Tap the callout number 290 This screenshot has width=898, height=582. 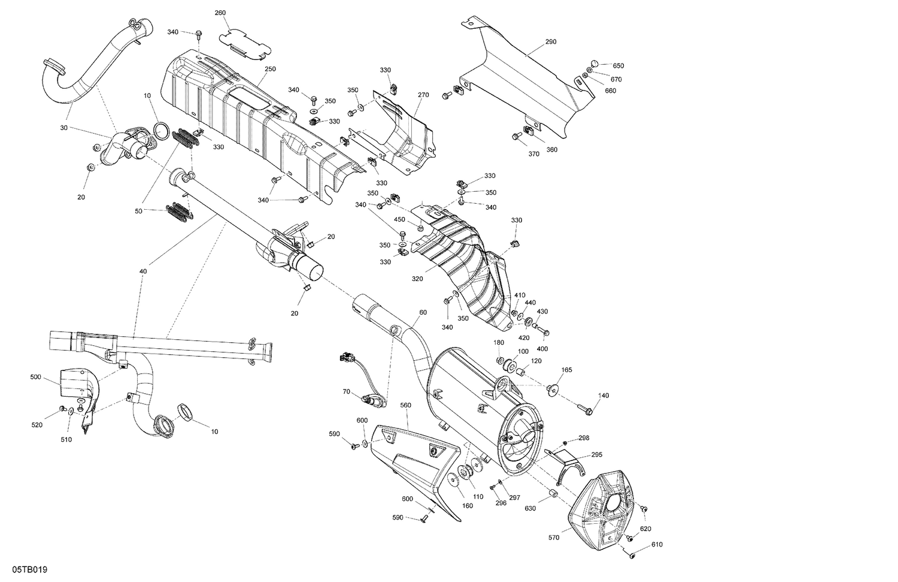point(551,42)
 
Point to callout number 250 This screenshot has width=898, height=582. point(270,69)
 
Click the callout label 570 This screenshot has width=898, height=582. point(554,538)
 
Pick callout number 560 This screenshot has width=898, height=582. point(405,405)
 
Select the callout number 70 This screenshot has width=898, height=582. point(346,391)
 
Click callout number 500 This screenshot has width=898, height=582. point(36,378)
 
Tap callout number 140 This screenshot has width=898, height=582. point(603,395)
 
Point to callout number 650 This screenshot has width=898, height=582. point(618,66)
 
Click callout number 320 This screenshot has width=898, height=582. point(417,279)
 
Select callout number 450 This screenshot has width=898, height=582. point(399,219)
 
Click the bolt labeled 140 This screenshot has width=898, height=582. point(585,409)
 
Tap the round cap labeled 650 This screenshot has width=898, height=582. point(594,64)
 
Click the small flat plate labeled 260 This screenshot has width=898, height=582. point(244,42)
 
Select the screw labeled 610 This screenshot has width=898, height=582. point(633,556)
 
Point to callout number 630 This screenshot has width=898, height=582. point(530,509)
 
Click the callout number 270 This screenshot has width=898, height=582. point(423,95)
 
